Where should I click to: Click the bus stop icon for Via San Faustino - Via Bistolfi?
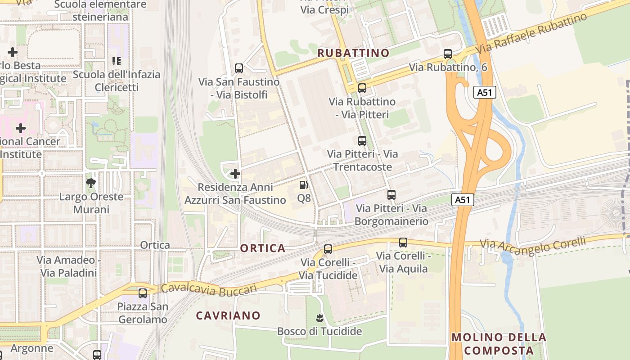(239, 68)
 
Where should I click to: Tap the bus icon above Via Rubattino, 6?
(448, 54)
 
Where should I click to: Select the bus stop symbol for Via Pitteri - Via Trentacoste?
(362, 141)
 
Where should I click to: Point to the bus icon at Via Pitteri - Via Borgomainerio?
(391, 195)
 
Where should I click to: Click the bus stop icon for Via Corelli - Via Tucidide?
(328, 249)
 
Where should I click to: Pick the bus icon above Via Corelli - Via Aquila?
(403, 243)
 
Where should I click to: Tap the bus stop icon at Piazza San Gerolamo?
(143, 293)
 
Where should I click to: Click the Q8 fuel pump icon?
(304, 185)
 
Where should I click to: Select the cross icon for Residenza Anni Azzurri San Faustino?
(235, 174)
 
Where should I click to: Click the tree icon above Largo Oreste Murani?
(91, 183)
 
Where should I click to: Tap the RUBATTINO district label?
(353, 53)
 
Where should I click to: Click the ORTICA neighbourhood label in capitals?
(263, 248)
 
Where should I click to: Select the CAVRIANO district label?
(228, 315)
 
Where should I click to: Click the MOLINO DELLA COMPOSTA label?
(499, 344)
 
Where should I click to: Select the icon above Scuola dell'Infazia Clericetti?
(117, 61)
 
